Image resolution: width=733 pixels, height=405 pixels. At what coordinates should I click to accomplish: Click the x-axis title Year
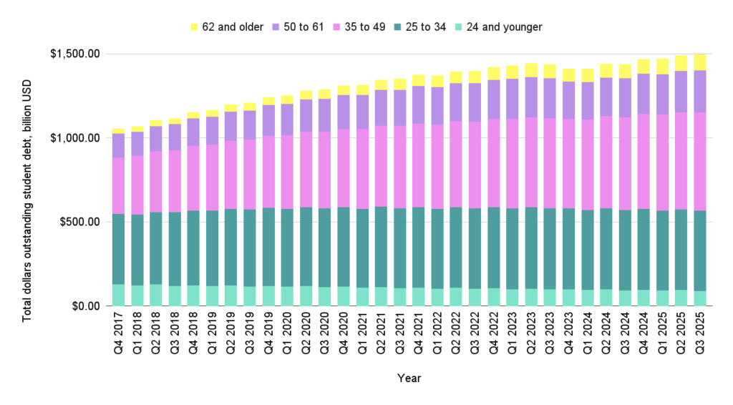(x=409, y=378)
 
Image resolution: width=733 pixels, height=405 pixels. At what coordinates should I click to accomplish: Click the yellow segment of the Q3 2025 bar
(x=701, y=62)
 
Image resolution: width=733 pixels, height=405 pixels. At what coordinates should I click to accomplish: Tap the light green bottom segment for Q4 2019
(x=269, y=296)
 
